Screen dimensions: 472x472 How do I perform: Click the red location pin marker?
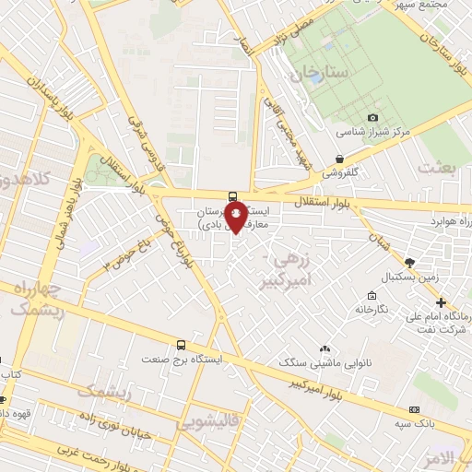coord(236,218)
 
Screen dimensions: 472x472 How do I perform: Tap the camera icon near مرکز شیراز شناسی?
coord(372,117)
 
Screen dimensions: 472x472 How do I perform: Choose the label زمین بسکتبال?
coord(408,277)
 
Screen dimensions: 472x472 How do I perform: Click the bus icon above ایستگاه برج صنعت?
coord(182,342)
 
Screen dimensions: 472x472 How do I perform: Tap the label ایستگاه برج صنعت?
coord(181,357)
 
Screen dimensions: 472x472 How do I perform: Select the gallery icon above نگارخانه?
coord(371,296)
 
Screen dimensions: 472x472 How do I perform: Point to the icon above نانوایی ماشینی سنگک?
coord(324,348)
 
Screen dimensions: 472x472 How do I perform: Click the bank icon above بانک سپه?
coord(415,408)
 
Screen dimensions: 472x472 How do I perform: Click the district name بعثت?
coord(436,167)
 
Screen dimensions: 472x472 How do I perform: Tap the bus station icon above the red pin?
coord(231,195)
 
